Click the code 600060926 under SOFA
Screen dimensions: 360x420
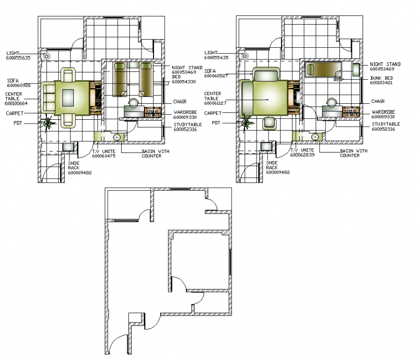click(x=19, y=85)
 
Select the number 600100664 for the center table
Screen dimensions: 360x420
click(x=16, y=103)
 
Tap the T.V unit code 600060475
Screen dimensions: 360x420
click(x=104, y=155)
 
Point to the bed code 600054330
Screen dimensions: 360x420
click(x=184, y=82)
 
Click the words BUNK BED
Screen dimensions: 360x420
click(x=381, y=78)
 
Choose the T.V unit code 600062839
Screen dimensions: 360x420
click(x=302, y=155)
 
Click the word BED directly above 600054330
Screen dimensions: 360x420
click(x=176, y=77)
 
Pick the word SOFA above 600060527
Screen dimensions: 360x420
click(x=210, y=71)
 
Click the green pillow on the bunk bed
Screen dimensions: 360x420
click(x=312, y=70)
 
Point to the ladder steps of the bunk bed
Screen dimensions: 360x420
click(x=338, y=76)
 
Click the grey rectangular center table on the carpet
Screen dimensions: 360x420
click(x=67, y=97)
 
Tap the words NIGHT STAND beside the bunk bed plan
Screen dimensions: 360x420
click(x=385, y=64)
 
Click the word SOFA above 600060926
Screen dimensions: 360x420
click(x=13, y=81)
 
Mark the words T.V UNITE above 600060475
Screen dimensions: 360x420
click(x=103, y=151)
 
